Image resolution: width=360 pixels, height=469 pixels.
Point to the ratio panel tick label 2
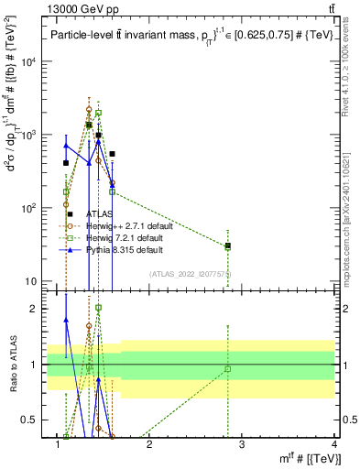(x=37, y=309)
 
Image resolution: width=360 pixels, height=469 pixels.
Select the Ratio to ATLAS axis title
(x=14, y=364)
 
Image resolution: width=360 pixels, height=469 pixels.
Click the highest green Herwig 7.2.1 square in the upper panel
(x=98, y=113)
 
